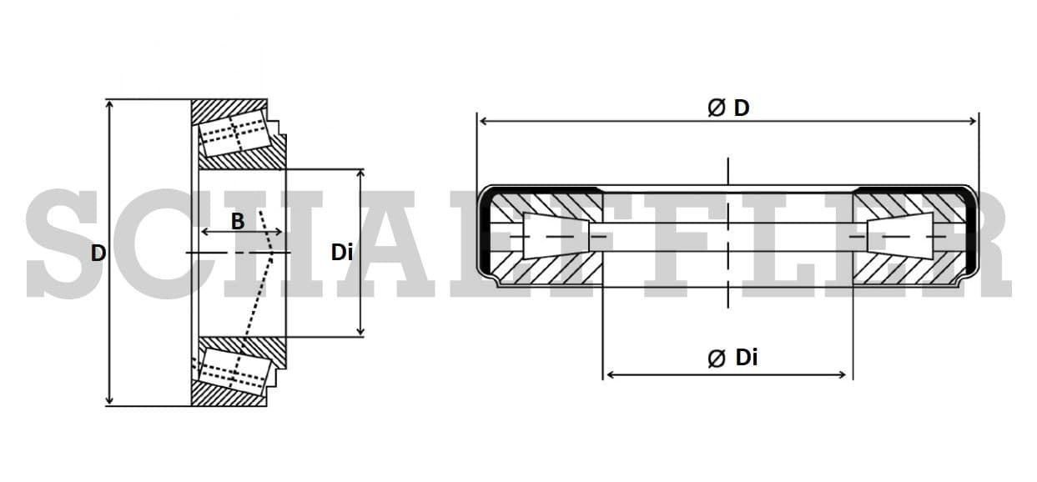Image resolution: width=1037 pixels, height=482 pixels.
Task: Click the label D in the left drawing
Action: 98,253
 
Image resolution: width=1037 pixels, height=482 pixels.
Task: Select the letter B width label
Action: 238,221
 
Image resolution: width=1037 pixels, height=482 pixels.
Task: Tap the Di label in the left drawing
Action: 342,252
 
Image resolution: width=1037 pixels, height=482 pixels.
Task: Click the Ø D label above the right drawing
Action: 727,108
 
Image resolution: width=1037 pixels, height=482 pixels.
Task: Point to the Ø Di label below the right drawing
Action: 732,358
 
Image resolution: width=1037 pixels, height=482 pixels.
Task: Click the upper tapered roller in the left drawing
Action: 234,133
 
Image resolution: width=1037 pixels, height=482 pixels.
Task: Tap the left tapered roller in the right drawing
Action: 554,236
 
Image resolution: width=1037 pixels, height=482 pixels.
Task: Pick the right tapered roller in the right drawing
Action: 901,236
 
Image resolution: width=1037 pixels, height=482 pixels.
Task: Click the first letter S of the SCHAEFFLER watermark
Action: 63,244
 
